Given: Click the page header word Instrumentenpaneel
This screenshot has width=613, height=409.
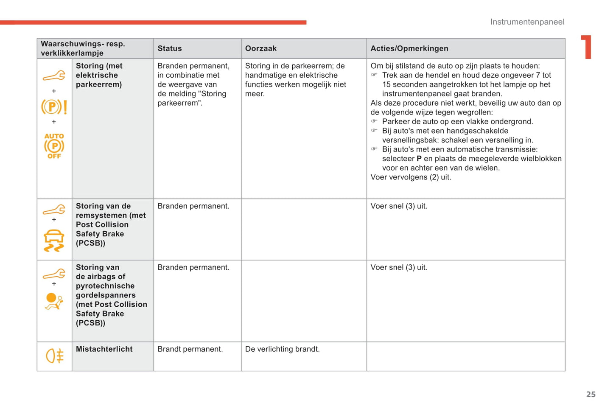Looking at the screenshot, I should coord(527,22).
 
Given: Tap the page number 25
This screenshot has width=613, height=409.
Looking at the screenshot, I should coord(591,394).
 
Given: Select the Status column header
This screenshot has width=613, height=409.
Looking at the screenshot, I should coord(170,48).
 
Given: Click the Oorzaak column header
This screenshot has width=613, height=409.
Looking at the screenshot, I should coord(260,48).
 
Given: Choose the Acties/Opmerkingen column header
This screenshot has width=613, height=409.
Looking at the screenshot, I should coord(409,48).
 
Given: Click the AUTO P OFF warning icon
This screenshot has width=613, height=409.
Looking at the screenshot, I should coord(54,146).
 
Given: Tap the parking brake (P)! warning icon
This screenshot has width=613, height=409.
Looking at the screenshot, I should coord(54,106).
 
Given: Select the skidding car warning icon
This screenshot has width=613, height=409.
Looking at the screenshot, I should coord(54,241).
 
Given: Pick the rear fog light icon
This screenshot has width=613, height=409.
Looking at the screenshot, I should coord(55,356).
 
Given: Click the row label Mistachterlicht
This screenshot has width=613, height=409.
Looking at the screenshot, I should coord(104,349).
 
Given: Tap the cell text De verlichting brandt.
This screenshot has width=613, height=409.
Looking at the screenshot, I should coord(282,349).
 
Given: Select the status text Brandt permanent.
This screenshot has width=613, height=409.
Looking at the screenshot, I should coord(190,349).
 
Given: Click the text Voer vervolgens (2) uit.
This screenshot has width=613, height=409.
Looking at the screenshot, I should coord(411,177).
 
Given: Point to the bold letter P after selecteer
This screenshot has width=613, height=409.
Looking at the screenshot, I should coord(419,159).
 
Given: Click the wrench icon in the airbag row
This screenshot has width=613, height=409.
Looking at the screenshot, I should coord(54,274).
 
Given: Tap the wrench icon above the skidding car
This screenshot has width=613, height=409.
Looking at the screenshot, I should coord(54,210).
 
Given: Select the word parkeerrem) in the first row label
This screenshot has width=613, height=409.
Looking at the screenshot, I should coord(98,84).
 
